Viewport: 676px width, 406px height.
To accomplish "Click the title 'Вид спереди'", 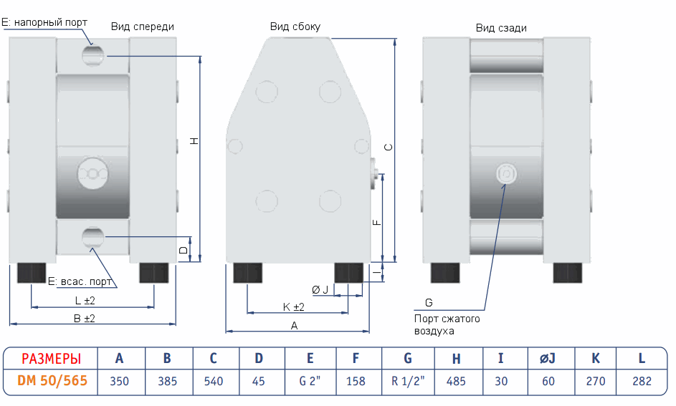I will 143,26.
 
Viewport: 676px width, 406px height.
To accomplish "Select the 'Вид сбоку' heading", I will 295,26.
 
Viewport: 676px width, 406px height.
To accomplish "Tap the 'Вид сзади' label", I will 501,28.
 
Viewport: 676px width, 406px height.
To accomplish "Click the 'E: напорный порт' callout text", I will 44,22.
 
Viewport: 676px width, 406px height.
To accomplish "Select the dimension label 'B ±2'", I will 85,318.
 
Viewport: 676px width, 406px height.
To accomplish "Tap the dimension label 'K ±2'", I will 294,306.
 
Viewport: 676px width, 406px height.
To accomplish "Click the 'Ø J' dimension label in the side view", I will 320,289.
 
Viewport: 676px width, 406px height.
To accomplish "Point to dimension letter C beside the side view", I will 388,147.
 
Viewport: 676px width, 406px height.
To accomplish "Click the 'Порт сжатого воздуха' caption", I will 447,324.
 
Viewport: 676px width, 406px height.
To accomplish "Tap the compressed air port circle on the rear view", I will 505,173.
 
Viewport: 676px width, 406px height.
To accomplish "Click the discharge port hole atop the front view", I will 92,54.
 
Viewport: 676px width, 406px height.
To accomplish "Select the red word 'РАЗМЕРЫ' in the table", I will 51,359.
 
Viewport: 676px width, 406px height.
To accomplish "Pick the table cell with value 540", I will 214,381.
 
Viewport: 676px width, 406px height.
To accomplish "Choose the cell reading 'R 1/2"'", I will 408,381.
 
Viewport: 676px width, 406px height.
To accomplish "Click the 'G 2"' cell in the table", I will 309,381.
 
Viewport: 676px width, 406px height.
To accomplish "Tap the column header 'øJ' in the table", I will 548,359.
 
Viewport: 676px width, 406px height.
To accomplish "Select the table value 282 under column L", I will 642,381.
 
